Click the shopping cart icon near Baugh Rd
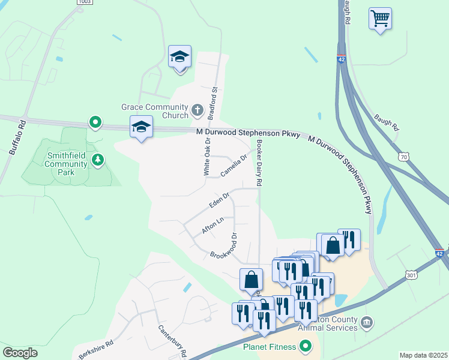380,19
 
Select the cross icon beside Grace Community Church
198,110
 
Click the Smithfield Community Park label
67,163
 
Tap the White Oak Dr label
206,157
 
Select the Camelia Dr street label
234,166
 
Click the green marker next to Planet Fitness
306,346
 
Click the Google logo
20,353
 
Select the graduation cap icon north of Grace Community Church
179,57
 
